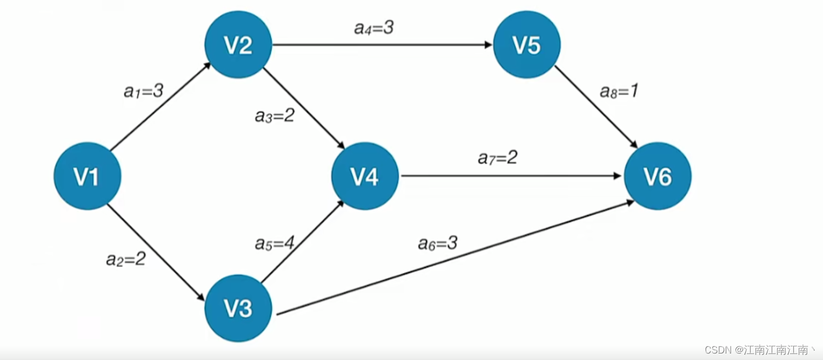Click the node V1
[x=87, y=176]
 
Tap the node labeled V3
[x=238, y=308]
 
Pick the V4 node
[x=365, y=176]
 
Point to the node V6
[x=657, y=176]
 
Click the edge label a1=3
[x=143, y=91]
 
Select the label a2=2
[x=125, y=259]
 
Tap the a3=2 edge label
[x=275, y=116]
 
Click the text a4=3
[x=373, y=28]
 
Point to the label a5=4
[x=275, y=243]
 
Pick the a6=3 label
[x=438, y=243]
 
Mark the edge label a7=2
[x=498, y=158]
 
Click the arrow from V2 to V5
[x=381, y=45]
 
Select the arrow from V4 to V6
[x=511, y=176]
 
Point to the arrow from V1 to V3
[x=157, y=252]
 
